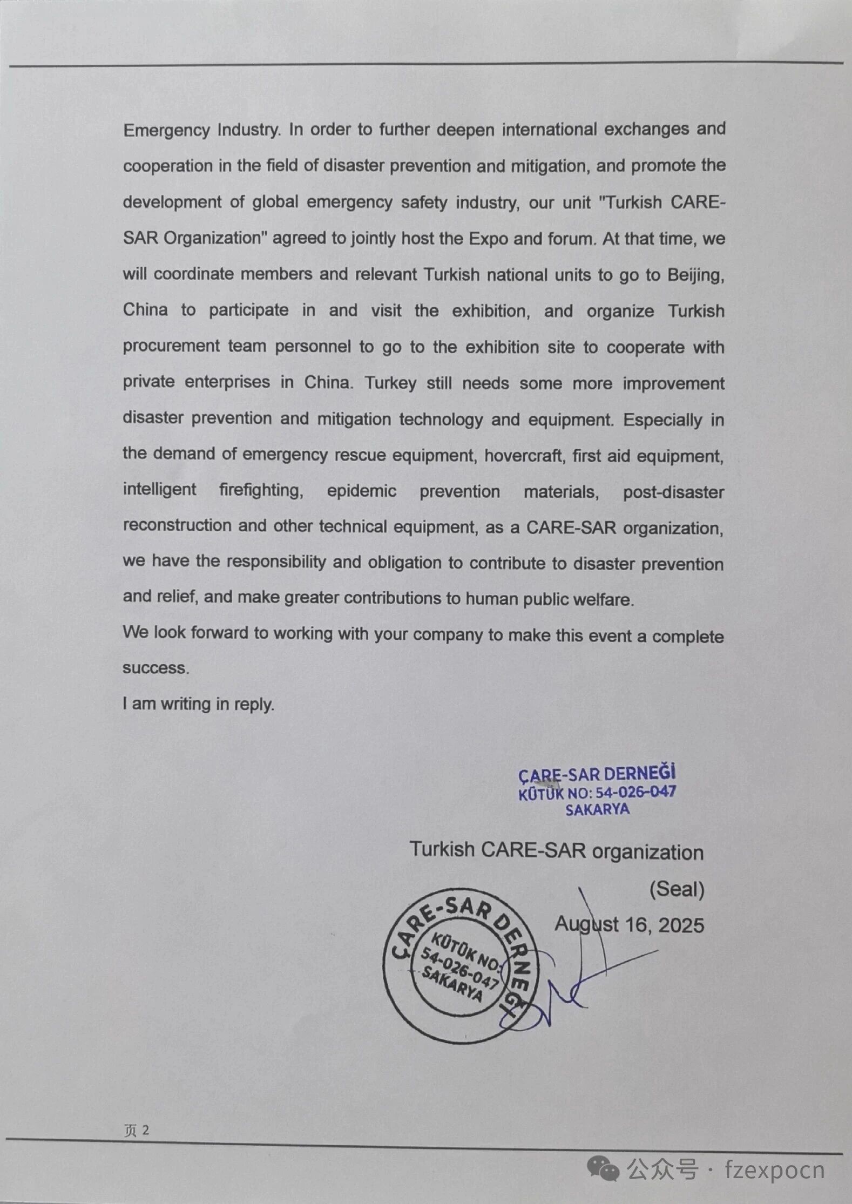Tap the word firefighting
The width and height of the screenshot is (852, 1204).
[x=261, y=491]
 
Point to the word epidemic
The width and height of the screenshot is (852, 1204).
[x=361, y=491]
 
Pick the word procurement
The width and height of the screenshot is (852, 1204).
[x=171, y=346]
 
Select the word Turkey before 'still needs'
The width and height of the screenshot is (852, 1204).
[x=390, y=383]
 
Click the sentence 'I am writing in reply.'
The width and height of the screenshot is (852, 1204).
[x=198, y=704]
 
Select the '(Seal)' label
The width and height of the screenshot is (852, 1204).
[x=677, y=889]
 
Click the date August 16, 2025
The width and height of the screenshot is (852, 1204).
[x=629, y=925]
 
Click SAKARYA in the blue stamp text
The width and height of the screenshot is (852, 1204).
[x=597, y=809]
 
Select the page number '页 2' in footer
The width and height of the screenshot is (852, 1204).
[x=136, y=1129]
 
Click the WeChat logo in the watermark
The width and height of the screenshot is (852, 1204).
[x=603, y=1169]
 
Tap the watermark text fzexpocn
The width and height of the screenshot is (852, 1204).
[x=775, y=1171]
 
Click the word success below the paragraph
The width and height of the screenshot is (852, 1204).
[x=155, y=668]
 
